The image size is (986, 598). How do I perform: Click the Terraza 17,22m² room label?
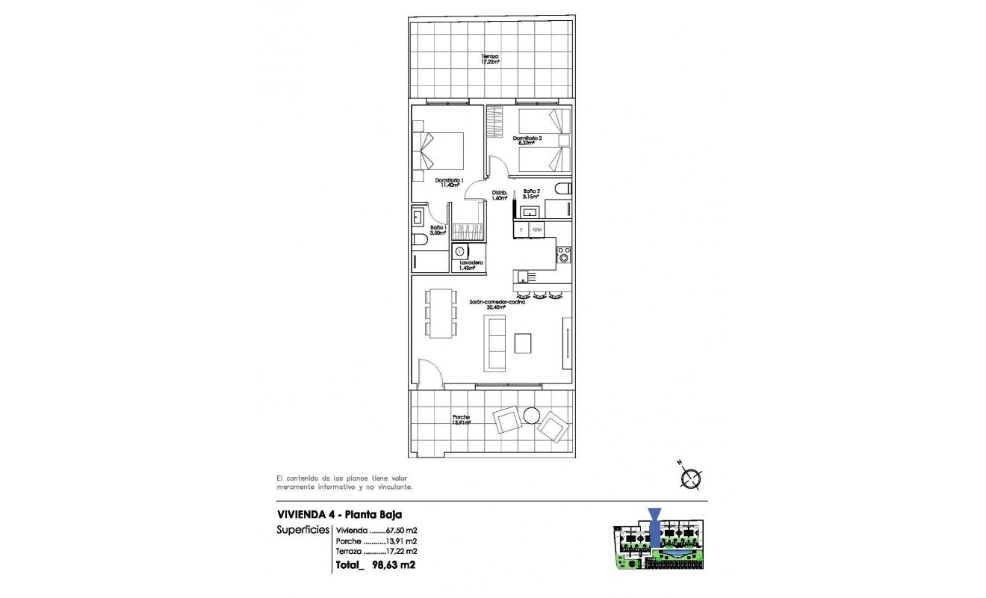point(490,60)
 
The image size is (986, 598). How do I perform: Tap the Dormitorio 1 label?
point(450,182)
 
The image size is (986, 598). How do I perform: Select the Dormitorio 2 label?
point(527,140)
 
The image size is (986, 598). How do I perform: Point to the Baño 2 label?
point(531,194)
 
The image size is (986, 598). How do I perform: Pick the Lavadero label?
point(471,265)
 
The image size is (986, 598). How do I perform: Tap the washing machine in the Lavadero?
point(460,252)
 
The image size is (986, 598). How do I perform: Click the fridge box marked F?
point(521,229)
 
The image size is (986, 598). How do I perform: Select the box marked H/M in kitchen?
point(536,229)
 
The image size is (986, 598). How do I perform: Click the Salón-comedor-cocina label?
point(497,304)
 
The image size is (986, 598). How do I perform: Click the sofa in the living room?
point(496,343)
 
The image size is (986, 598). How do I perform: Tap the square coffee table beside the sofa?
point(524,343)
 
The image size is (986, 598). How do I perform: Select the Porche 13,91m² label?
point(462,420)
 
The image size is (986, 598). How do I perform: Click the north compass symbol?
point(692,478)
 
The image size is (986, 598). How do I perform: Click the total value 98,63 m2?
point(393,565)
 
